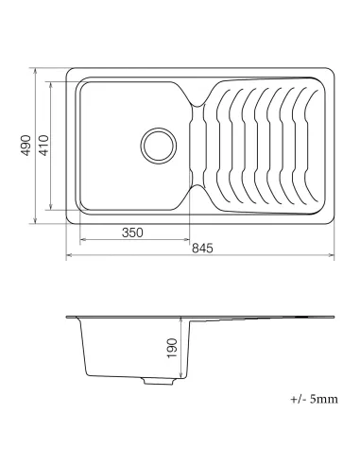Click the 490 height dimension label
[29, 146]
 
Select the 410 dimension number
[44, 146]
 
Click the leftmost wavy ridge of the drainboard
[225, 144]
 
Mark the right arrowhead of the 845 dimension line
[335, 255]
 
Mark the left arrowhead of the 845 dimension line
[69, 255]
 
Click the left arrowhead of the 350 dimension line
[79, 241]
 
